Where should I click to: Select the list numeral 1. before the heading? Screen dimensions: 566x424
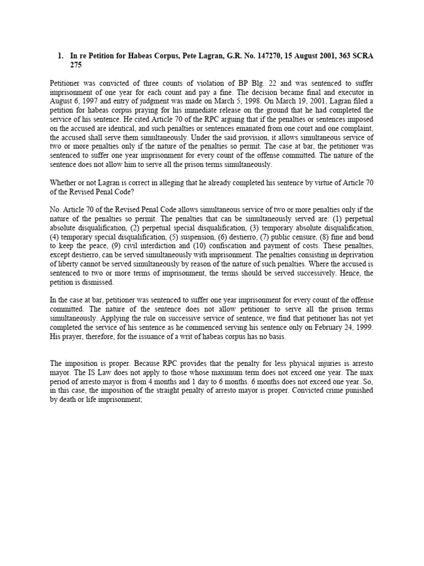point(61,56)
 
